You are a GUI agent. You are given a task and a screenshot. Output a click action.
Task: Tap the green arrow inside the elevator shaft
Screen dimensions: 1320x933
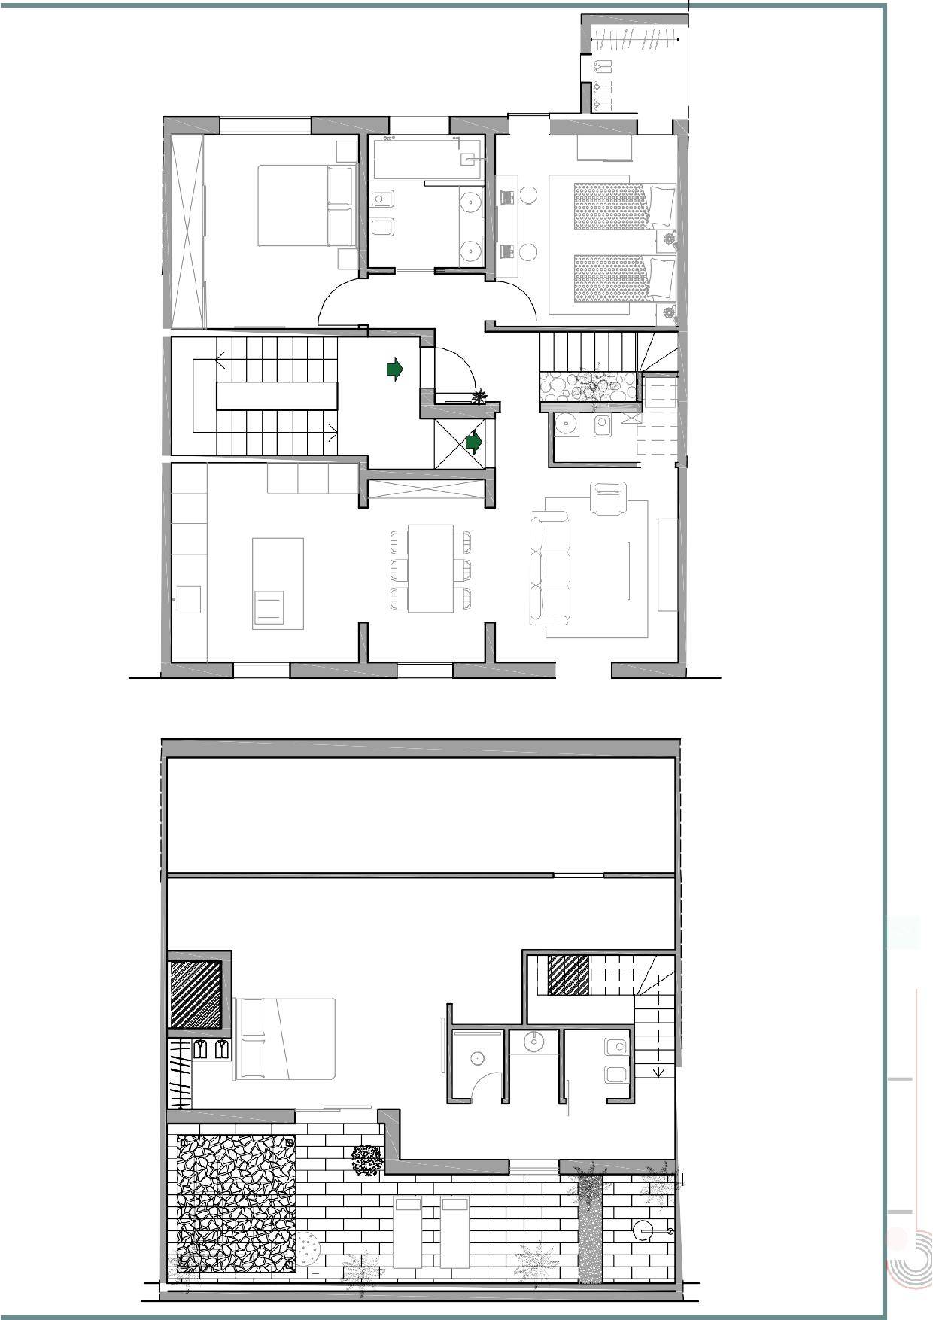[x=473, y=443]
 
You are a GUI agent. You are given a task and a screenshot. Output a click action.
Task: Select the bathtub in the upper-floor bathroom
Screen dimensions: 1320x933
[x=427, y=159]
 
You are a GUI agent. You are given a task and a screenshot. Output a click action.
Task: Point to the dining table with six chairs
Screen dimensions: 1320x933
[x=430, y=567]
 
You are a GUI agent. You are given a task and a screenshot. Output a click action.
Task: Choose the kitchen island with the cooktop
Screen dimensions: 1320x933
[x=278, y=583]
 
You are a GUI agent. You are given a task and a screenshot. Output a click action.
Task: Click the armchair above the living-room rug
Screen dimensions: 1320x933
[x=609, y=499]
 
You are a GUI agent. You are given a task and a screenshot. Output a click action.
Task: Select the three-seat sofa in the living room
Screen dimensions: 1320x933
[x=549, y=568]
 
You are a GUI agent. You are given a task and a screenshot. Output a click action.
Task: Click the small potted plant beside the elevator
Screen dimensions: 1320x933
[x=478, y=395]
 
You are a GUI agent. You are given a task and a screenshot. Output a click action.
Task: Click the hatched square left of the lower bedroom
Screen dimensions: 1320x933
[x=196, y=994]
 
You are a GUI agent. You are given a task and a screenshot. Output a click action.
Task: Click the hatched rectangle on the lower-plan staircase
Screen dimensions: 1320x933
[x=568, y=975]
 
